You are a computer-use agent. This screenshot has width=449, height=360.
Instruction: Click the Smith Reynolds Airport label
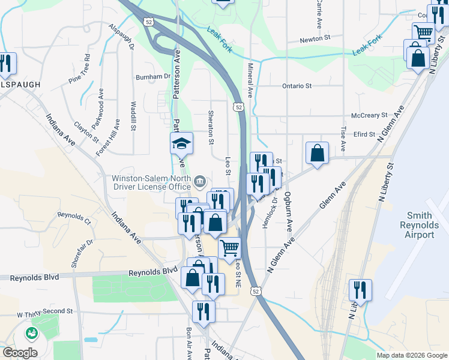[x=420, y=224]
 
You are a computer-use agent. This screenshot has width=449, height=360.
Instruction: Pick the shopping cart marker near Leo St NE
[x=229, y=247]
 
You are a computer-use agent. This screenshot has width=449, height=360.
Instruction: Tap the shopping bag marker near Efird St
[x=318, y=153]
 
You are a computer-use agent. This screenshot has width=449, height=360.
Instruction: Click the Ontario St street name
[x=297, y=86]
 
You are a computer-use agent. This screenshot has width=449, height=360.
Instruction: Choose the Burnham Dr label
[x=154, y=77]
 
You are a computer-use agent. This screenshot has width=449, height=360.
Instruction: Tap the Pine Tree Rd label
[x=79, y=69]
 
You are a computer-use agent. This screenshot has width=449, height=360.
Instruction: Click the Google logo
[x=20, y=353]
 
